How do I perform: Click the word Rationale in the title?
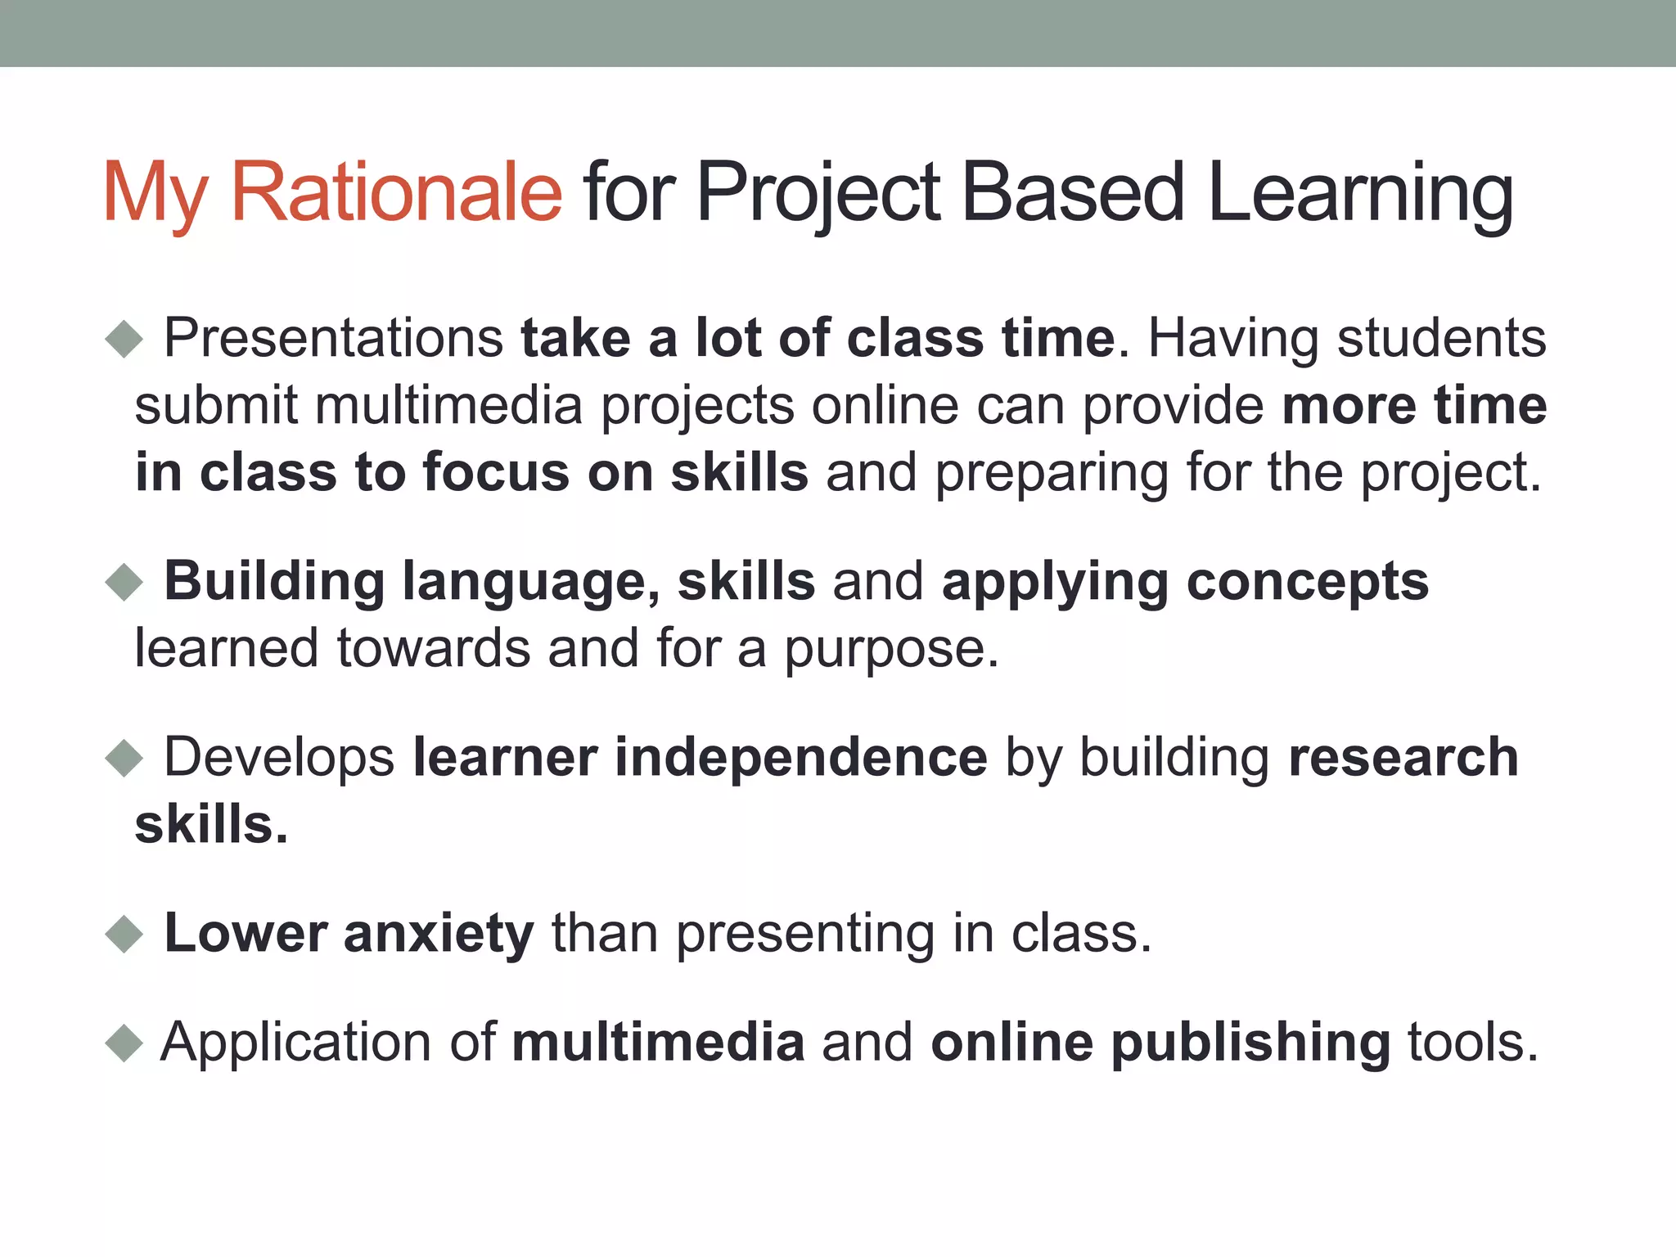[x=396, y=192]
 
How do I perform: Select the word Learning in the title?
[x=1360, y=192]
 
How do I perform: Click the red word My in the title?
[x=155, y=192]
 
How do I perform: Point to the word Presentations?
[x=334, y=338]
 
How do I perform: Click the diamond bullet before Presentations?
[x=124, y=338]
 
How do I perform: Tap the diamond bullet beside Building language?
[x=124, y=582]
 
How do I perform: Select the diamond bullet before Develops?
[x=124, y=758]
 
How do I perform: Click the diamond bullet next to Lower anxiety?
[x=124, y=934]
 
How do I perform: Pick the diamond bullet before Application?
[x=124, y=1043]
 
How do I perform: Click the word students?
[x=1441, y=338]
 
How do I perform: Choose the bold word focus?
[x=496, y=473]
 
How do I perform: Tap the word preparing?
[x=1052, y=475]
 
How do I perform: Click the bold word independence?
[x=801, y=758]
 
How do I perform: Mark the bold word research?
[x=1403, y=758]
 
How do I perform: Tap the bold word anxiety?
[x=439, y=934]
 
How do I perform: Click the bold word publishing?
[x=1250, y=1043]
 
